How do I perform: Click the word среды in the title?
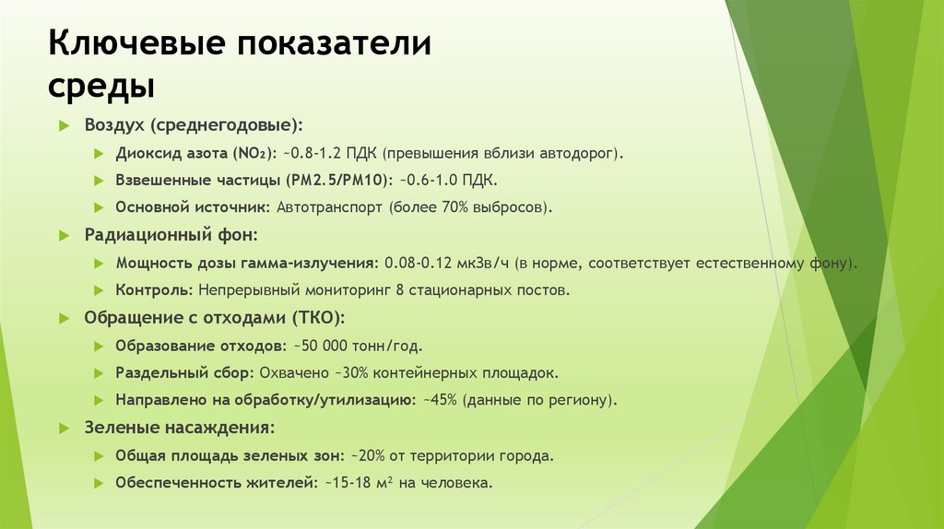[101, 88]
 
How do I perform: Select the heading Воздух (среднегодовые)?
[193, 124]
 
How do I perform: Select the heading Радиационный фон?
[171, 235]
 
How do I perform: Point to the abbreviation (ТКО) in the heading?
[318, 318]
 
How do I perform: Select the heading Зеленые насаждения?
[180, 428]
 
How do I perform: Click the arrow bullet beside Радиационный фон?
[65, 236]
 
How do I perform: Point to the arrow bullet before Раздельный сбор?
[99, 374]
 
